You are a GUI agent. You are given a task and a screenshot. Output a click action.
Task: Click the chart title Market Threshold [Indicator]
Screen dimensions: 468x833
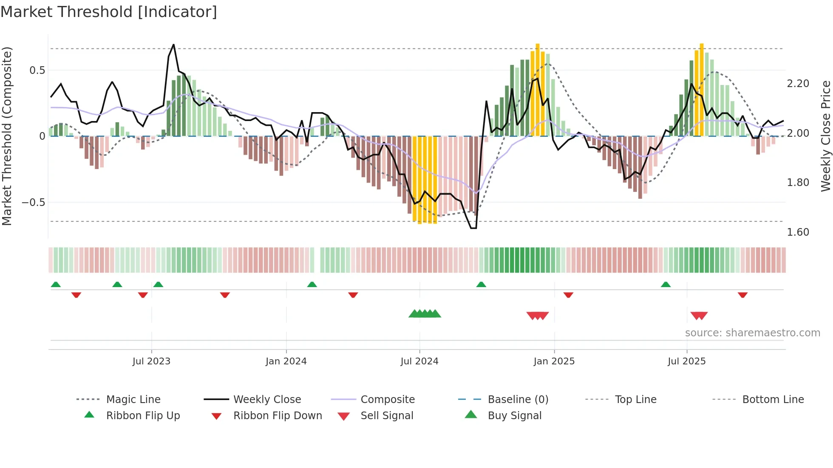109,12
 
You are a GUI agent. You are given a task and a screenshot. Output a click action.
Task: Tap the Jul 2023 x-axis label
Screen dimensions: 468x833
151,361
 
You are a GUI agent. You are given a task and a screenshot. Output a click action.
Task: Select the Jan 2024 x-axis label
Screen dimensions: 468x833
286,361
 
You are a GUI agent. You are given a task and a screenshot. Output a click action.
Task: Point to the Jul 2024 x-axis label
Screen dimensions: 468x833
419,361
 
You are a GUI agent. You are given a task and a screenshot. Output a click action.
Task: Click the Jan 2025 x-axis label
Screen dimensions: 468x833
554,361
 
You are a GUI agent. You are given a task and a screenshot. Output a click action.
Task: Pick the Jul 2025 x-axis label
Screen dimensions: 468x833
686,361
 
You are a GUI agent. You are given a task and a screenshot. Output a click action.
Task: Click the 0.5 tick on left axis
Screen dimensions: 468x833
37,70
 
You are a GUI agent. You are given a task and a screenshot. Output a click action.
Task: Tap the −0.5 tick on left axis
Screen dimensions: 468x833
34,203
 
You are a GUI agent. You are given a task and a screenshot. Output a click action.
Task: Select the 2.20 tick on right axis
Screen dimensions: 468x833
798,84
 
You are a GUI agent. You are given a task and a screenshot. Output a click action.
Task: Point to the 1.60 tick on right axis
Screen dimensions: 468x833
798,232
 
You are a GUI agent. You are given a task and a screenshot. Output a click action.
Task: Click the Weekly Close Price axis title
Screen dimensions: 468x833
825,136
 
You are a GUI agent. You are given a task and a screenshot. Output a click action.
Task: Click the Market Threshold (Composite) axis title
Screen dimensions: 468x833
7,136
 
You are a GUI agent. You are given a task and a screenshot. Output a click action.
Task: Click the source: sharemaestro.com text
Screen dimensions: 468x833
752,333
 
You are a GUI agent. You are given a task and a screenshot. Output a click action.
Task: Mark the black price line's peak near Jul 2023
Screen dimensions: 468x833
173,45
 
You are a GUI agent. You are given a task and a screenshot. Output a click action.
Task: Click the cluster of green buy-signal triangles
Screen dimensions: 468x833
425,314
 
